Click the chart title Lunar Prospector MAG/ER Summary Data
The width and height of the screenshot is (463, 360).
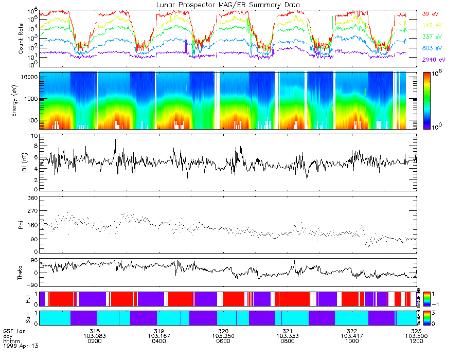227,5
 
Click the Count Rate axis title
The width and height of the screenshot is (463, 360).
21,38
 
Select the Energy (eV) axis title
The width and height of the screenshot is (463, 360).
21,101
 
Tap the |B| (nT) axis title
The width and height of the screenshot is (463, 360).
21,163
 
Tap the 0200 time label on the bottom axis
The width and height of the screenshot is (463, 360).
94,340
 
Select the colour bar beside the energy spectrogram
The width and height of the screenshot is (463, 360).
426,101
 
